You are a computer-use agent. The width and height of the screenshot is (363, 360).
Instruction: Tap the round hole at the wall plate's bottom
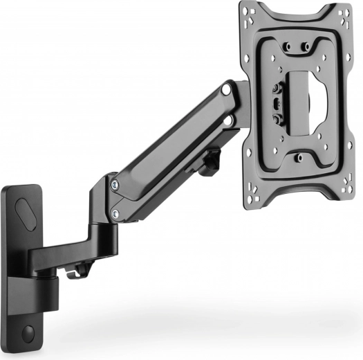coord(28,332)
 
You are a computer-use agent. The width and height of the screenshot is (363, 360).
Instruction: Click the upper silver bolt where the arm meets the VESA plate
coord(226,91)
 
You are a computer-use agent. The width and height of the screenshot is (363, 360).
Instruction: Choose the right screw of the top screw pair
coord(304,48)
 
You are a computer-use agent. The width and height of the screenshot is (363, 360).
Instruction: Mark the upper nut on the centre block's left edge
coord(278,89)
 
